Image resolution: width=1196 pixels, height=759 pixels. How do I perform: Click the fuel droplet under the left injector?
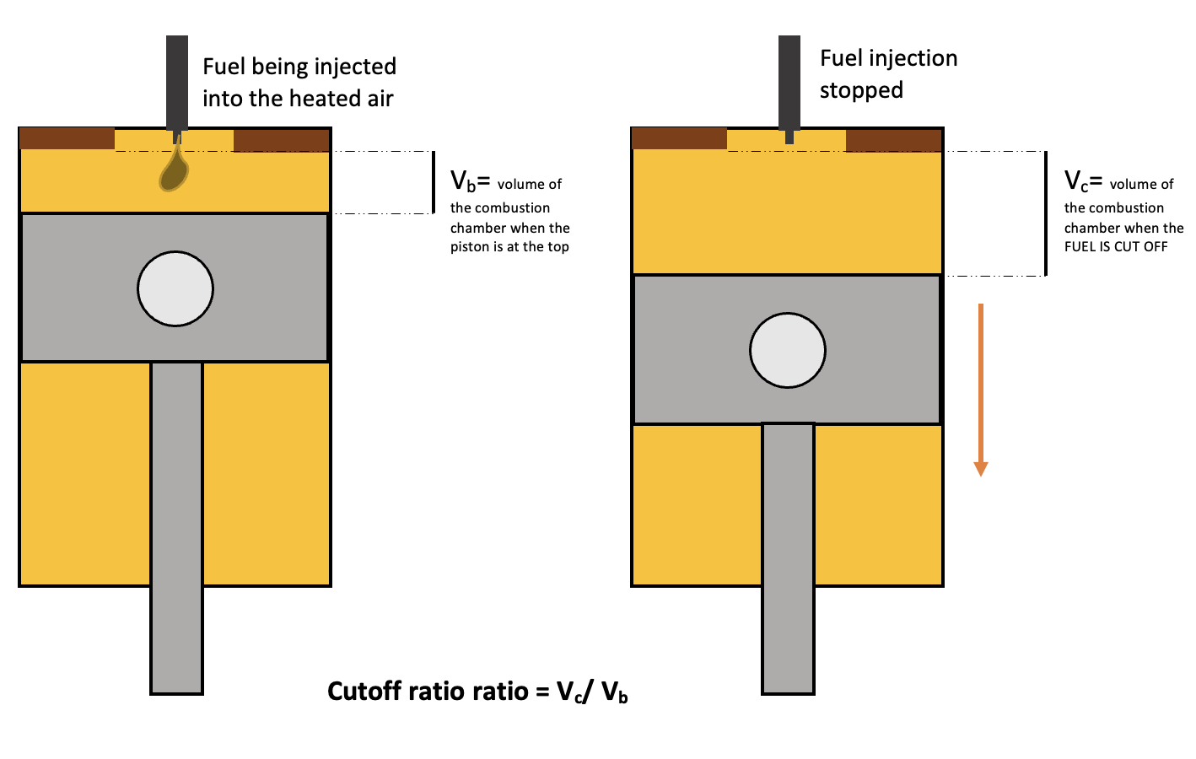[174, 171]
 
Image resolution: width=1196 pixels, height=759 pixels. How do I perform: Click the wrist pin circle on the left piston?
[175, 288]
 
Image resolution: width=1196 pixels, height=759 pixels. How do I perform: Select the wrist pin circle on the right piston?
[788, 351]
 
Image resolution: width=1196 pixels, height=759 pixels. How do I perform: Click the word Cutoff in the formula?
[365, 692]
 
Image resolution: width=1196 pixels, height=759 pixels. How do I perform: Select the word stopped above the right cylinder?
[861, 90]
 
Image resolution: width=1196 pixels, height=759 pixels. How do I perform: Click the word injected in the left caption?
[355, 67]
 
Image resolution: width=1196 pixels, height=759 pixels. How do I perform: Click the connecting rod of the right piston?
[789, 557]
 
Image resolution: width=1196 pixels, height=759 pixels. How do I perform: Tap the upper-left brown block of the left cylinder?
[67, 139]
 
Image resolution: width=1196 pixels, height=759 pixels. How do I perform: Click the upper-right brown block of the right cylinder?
[893, 139]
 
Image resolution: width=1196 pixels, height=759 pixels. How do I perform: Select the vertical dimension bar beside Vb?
[434, 182]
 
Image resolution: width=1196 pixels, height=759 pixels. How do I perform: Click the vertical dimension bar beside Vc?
[1046, 213]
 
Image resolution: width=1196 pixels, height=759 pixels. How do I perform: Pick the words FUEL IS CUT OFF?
[1116, 247]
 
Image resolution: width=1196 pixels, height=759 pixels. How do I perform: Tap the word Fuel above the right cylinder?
[841, 58]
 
